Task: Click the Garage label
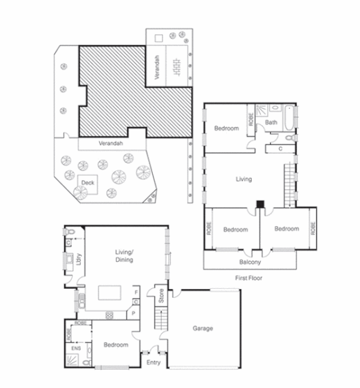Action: click(203, 328)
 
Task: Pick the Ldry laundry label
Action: click(81, 258)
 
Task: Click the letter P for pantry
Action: click(135, 314)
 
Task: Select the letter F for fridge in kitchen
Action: click(136, 291)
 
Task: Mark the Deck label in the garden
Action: click(87, 183)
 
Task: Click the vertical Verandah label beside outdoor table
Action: click(158, 68)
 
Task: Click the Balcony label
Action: click(250, 262)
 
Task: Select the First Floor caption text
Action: click(250, 278)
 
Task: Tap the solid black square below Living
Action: click(260, 205)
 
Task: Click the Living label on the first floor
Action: click(243, 179)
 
